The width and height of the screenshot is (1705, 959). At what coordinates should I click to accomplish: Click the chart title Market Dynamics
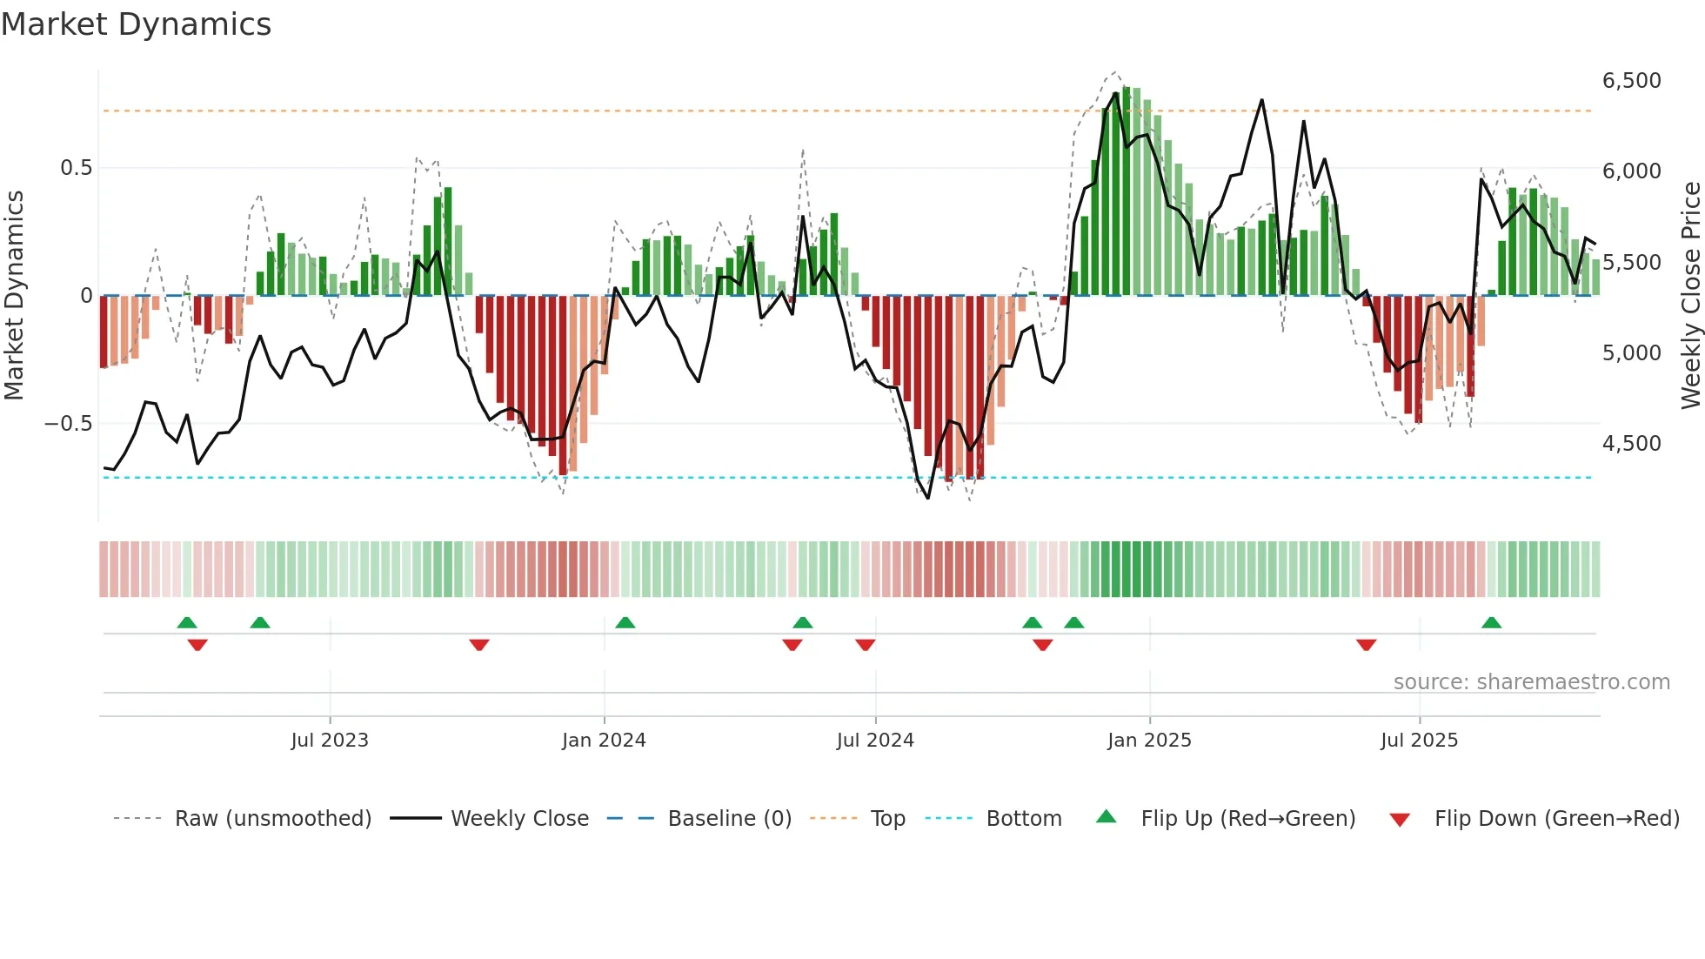pyautogui.click(x=136, y=24)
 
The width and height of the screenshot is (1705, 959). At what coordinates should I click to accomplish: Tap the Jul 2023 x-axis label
pyautogui.click(x=330, y=741)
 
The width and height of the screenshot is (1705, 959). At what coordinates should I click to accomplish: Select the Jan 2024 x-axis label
pyautogui.click(x=604, y=741)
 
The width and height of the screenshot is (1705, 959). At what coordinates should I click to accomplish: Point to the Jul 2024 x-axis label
pyautogui.click(x=875, y=741)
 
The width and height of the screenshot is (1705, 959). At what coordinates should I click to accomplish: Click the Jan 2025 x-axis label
pyautogui.click(x=1149, y=741)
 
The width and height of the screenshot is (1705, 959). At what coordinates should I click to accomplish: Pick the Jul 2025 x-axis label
pyautogui.click(x=1419, y=741)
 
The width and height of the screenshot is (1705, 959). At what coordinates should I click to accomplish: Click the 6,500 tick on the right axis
pyautogui.click(x=1631, y=81)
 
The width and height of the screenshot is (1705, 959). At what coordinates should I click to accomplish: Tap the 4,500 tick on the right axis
pyautogui.click(x=1631, y=444)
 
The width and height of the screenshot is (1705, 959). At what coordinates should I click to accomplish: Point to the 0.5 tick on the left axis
pyautogui.click(x=76, y=168)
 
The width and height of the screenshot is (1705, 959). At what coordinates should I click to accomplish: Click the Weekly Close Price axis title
pyautogui.click(x=1690, y=295)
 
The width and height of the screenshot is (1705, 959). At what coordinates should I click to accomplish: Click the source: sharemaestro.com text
pyautogui.click(x=1531, y=682)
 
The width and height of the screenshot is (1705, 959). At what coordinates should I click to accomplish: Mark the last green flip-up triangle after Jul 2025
pyautogui.click(x=1491, y=622)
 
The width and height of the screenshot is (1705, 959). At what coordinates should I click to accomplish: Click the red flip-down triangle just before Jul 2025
pyautogui.click(x=1366, y=645)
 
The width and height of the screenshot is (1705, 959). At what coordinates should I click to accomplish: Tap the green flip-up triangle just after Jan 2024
pyautogui.click(x=625, y=622)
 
